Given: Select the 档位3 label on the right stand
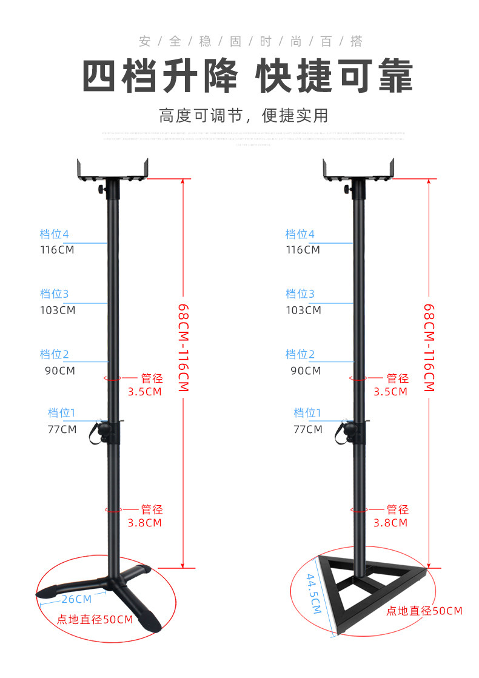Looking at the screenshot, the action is coord(300,294).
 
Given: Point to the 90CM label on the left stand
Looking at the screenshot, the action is coord(59,371).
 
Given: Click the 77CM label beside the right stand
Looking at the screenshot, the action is coord(307,429).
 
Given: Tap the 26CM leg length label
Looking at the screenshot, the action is coord(76,599).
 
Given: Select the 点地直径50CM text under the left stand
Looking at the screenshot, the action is coord(95,620).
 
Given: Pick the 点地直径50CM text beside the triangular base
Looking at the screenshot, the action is coord(424,611).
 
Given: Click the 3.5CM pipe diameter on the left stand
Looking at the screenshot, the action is coord(144,392).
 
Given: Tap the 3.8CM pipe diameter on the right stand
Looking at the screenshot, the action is coord(390,523).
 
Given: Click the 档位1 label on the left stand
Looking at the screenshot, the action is coord(62,413).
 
